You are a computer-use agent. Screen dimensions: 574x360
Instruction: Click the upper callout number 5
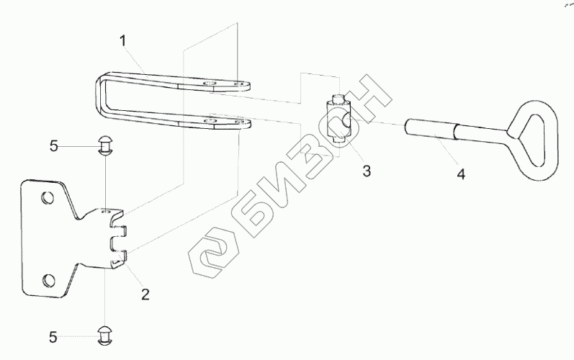[x=53, y=147]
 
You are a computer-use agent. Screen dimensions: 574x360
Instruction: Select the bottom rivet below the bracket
[x=106, y=333]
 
